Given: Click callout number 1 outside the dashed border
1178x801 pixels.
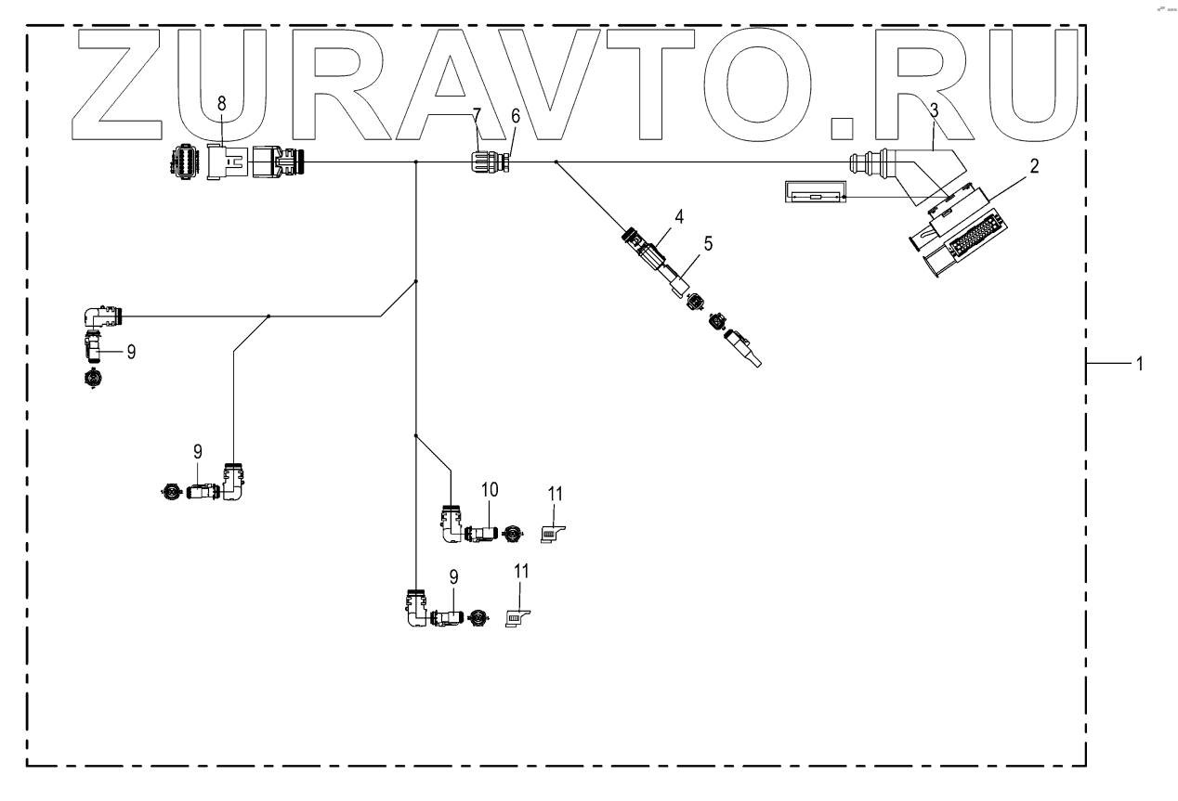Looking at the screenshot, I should pos(1137,364).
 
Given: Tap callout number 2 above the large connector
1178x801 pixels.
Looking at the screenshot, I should pos(1034,167).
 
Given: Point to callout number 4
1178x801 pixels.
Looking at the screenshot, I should pos(679,217).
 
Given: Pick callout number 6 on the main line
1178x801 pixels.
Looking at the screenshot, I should pos(516,115).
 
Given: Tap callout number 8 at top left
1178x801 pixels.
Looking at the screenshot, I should pos(221,103).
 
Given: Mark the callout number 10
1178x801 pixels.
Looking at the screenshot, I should pos(490,489).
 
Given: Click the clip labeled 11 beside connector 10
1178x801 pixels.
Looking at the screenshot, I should pos(554,534).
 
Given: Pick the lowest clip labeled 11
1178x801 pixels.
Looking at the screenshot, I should pos(518,616).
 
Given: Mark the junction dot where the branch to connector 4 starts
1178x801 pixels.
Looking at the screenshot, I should pos(556,161).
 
